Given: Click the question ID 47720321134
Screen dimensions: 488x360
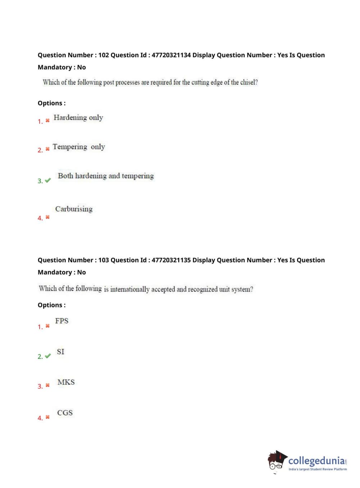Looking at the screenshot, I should [171, 55].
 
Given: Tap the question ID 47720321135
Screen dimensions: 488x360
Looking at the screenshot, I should [171, 260].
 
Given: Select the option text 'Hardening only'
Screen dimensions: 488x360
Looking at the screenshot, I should [78, 118].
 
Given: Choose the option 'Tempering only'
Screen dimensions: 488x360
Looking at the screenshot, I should [79, 147].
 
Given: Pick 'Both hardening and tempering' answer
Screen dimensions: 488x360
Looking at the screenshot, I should [106, 176].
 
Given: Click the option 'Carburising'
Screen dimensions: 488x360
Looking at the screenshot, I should [74, 209].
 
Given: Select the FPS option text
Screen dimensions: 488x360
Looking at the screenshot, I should [61, 321].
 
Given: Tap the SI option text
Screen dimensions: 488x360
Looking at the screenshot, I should [60, 352].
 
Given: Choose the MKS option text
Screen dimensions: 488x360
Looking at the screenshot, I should [66, 382].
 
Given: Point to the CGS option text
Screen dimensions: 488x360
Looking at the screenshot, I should [65, 413].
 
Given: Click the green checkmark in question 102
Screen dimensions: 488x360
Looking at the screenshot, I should [48, 180].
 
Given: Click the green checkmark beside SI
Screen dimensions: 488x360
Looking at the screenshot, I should [48, 356].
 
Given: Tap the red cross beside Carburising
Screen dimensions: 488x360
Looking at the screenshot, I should [47, 217].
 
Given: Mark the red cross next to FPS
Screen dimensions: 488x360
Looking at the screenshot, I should [47, 326].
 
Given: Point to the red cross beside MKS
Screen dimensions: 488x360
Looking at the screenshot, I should [47, 385].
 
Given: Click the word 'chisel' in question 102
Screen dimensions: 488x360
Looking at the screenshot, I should [248, 82].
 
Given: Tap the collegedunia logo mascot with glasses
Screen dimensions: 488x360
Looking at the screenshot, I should [277, 460].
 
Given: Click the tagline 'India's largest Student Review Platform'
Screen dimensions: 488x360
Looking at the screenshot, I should [318, 469].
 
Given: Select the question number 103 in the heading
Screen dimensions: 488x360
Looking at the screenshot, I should [104, 260].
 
